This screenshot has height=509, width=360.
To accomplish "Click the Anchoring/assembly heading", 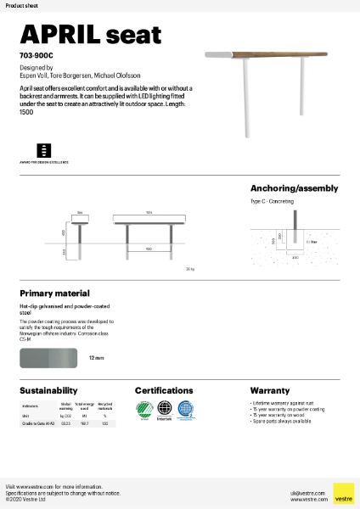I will (x=294, y=188).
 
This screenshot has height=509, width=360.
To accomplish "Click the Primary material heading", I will (x=54, y=293).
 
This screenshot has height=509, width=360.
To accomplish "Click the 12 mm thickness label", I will (x=97, y=359).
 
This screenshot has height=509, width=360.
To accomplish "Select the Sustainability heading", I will (x=48, y=390).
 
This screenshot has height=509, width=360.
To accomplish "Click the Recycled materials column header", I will (x=104, y=406).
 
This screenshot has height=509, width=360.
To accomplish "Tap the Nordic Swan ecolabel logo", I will (x=144, y=409).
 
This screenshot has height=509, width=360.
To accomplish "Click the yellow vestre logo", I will (x=343, y=493).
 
